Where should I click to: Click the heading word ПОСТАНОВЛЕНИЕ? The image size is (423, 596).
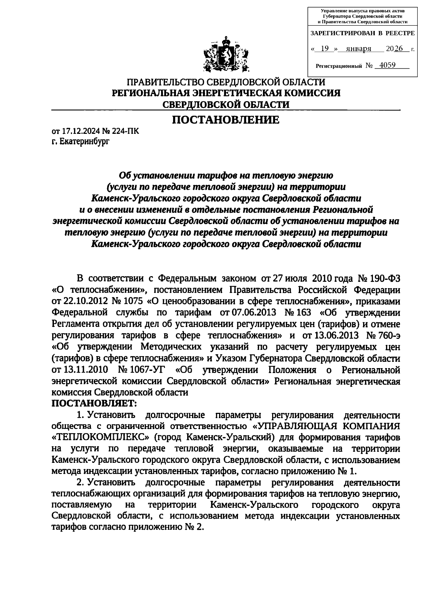(x=226, y=120)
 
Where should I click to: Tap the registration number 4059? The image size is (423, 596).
(x=385, y=65)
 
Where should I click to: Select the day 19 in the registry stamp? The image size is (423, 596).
(x=325, y=49)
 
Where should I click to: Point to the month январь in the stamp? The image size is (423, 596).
(x=358, y=49)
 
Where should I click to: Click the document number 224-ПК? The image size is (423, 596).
(x=126, y=132)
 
